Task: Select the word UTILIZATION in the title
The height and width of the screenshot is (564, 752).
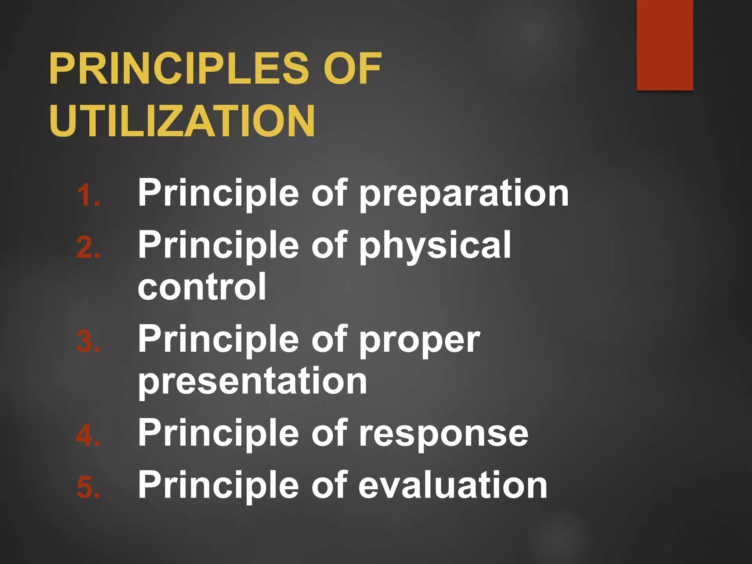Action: coord(182,121)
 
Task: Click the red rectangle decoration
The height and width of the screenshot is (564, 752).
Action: coord(665,45)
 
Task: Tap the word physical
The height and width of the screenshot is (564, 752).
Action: coord(435,246)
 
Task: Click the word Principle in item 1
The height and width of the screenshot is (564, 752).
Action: coord(218,194)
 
